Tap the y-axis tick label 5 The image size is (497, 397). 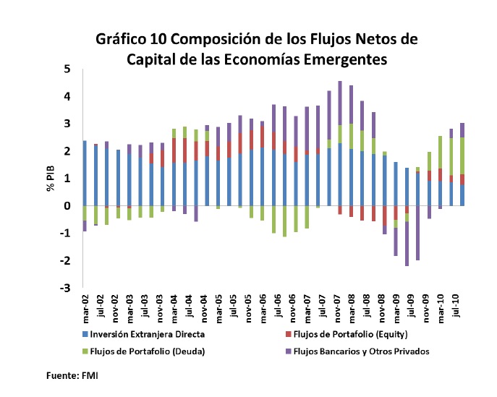point(67,69)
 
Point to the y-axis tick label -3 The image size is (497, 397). point(64,288)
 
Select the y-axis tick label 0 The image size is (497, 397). point(67,206)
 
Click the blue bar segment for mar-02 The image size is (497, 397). point(85,174)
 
